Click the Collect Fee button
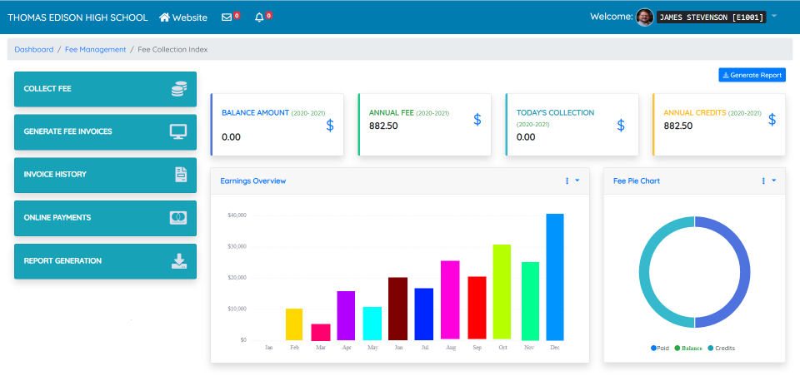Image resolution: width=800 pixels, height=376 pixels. (105, 89)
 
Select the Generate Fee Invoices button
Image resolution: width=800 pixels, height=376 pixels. (105, 131)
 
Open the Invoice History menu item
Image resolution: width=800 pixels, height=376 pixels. (105, 175)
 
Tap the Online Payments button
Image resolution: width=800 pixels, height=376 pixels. (105, 218)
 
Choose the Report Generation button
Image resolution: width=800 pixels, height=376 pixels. (105, 261)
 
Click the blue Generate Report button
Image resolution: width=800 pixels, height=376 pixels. (752, 75)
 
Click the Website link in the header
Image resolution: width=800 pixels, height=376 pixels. (182, 17)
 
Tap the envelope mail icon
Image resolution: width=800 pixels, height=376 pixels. (227, 17)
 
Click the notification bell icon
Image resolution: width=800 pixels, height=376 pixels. (259, 17)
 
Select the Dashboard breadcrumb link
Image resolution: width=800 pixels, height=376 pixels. (33, 50)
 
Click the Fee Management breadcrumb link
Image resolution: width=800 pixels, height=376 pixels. (96, 50)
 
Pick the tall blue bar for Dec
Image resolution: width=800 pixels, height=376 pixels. (555, 277)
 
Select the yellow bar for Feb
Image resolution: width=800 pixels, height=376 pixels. (294, 324)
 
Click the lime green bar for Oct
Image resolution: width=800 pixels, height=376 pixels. (502, 292)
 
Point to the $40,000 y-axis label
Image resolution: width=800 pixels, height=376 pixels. (237, 215)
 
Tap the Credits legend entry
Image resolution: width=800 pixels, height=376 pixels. (722, 348)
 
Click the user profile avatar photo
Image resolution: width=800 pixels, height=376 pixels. (644, 17)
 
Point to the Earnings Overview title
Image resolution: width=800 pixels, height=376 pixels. (252, 181)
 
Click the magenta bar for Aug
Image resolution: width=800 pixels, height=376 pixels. (450, 300)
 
